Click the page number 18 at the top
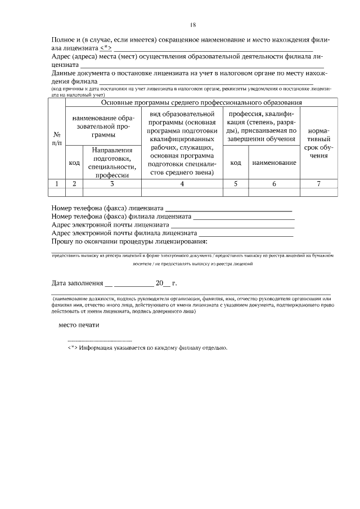[193, 25]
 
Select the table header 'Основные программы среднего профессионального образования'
[201, 103]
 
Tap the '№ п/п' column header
[57, 140]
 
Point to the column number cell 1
[57, 183]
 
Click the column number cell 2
[74, 183]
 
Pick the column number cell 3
[112, 183]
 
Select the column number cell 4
[182, 183]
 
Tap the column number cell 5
[236, 183]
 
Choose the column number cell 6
[274, 183]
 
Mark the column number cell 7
[319, 183]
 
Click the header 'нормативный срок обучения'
[319, 146]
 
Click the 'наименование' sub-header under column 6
[274, 163]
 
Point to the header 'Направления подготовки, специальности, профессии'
[112, 163]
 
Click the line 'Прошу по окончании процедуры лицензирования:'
[129, 241]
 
